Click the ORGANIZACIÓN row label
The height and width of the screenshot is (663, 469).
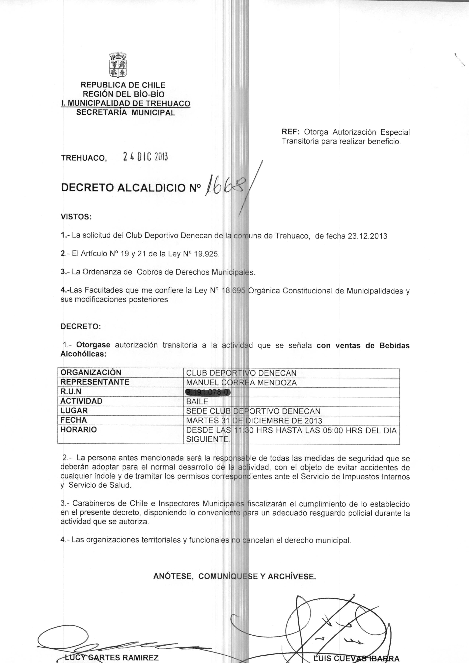[x=91, y=373]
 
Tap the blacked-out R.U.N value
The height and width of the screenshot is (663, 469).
[x=209, y=392]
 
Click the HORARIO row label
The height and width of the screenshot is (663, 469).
[x=78, y=430]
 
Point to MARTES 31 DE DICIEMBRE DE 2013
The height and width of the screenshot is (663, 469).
[x=254, y=420]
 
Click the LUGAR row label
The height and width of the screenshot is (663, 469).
[x=74, y=411]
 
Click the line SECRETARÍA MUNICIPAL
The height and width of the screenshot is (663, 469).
[x=126, y=113]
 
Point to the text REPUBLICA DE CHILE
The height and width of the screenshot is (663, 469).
[x=123, y=85]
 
